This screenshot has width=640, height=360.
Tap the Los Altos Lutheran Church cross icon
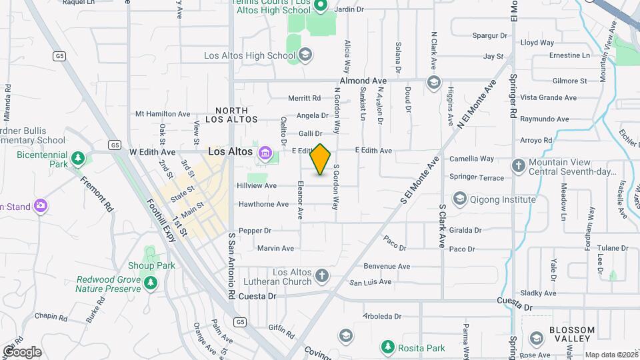coord(322,275)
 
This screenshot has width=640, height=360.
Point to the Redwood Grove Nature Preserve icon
coord(151,284)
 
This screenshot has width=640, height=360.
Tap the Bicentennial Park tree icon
coord(79,159)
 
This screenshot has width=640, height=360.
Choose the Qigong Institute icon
coord(459,199)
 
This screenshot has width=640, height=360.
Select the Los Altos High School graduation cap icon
coord(305,55)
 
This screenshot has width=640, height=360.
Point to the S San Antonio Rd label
coord(231,265)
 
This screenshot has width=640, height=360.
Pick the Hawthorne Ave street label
coord(263,204)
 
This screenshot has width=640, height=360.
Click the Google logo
coord(22,351)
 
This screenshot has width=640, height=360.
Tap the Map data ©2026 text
coord(609,355)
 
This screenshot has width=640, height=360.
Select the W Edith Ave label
coord(153,152)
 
